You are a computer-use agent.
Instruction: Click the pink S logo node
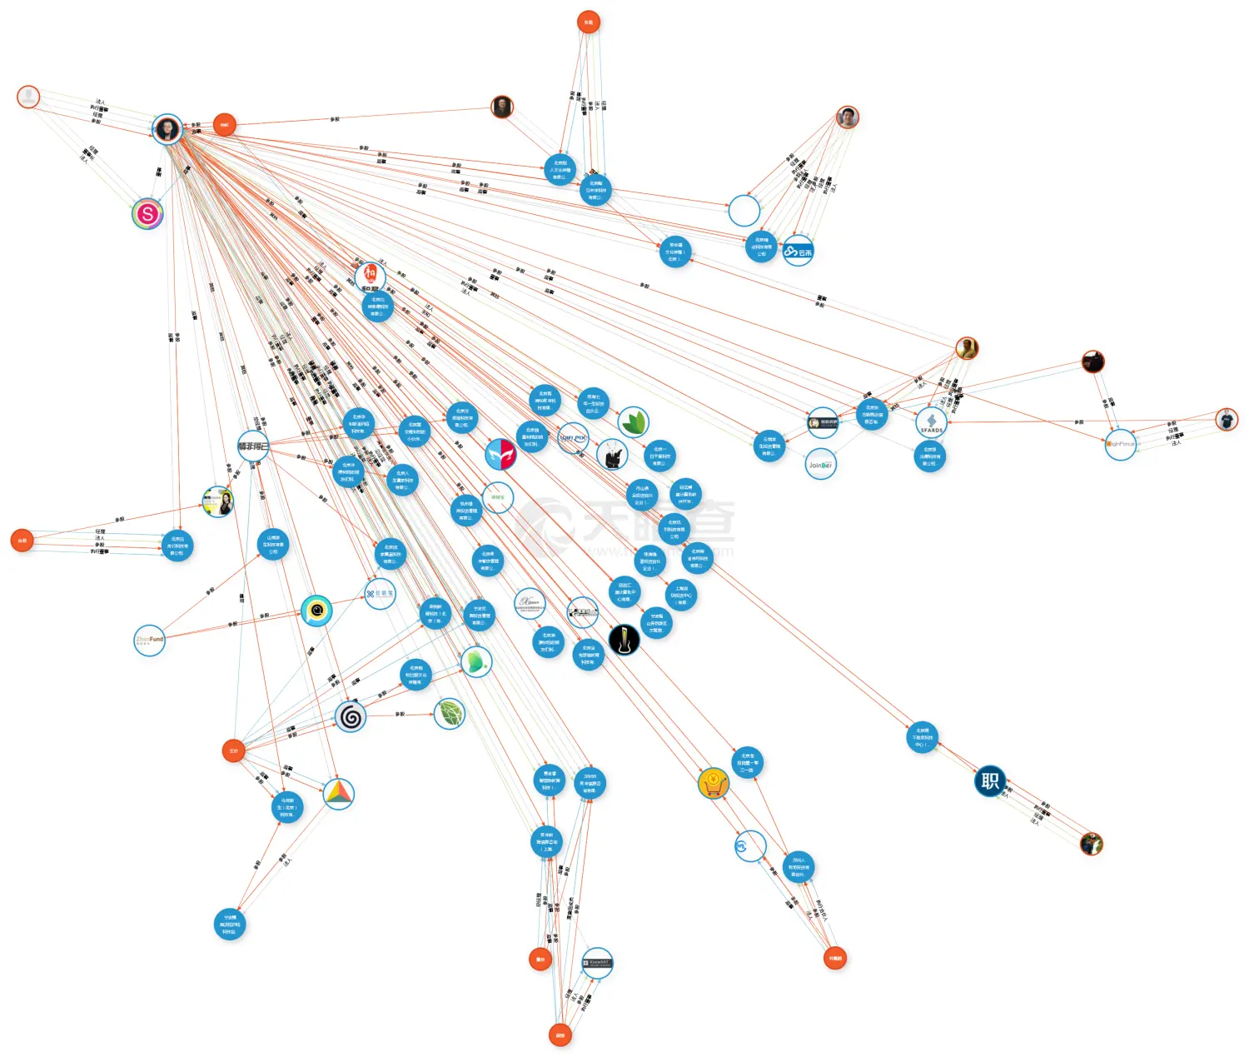(147, 214)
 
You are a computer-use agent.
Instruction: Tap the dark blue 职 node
(990, 780)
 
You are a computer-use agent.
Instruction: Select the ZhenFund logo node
(150, 640)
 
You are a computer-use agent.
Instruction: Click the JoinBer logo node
(820, 465)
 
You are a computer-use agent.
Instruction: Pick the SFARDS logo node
(931, 423)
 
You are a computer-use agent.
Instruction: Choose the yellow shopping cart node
(714, 783)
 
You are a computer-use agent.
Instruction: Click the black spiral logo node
(351, 716)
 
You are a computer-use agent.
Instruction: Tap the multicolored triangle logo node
(338, 794)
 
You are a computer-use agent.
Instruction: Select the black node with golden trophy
(624, 640)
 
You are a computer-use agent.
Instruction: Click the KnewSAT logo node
(597, 963)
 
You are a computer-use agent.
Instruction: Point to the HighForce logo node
(1121, 444)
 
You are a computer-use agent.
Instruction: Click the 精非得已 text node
(253, 446)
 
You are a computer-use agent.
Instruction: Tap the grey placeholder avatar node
(28, 97)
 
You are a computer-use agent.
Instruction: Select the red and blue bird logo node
(500, 454)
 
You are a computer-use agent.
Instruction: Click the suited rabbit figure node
(612, 454)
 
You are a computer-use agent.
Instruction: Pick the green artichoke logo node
(449, 714)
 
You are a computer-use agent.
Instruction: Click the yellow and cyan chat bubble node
(316, 611)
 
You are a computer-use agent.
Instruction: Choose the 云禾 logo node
(798, 251)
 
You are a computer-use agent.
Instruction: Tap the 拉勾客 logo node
(381, 594)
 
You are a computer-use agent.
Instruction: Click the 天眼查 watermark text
(658, 522)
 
